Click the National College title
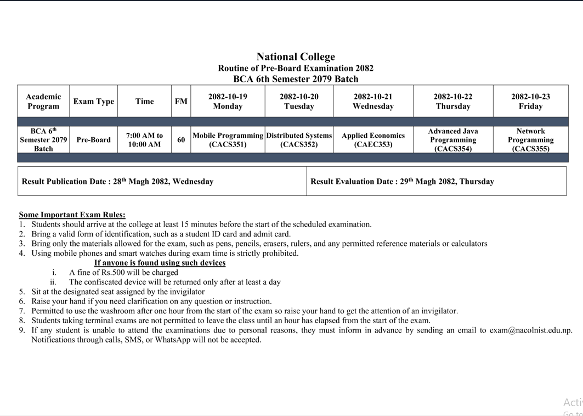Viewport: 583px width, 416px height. point(296,57)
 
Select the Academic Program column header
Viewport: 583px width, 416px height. point(43,101)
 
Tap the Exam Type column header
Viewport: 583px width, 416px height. point(94,101)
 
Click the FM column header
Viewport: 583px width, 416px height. point(181,101)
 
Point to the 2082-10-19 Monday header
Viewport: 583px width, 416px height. point(228,101)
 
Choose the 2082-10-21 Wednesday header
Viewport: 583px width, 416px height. point(373,101)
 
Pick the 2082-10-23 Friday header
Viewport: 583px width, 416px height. point(530,101)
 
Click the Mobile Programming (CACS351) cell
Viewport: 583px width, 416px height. point(228,140)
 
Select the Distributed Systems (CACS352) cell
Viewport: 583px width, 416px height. point(299,140)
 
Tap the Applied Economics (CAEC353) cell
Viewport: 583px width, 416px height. point(373,140)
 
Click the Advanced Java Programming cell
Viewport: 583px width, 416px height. point(453,140)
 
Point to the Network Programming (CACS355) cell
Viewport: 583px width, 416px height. point(530,140)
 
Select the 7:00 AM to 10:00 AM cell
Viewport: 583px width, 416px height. point(144,140)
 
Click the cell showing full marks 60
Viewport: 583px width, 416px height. point(181,140)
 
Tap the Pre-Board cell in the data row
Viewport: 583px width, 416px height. point(94,140)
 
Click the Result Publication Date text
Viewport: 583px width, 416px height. point(117,181)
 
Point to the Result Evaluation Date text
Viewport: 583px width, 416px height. point(402,181)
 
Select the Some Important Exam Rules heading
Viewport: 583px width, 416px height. point(72,215)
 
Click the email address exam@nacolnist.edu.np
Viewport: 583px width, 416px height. point(530,330)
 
